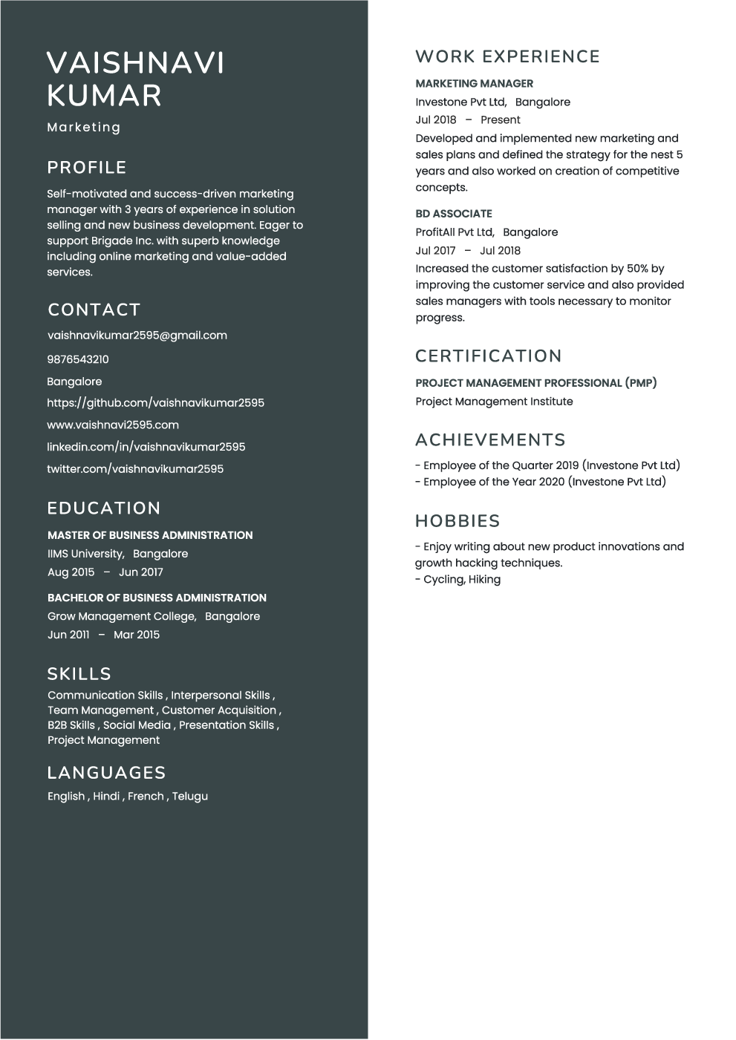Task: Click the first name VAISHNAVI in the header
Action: (x=135, y=63)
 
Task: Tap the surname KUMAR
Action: (x=104, y=96)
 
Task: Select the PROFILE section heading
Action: (x=87, y=168)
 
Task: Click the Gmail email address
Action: (x=137, y=336)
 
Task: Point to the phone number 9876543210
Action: (x=78, y=359)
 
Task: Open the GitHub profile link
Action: (x=155, y=403)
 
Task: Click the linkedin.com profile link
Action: (x=146, y=447)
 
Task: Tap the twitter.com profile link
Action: (x=135, y=469)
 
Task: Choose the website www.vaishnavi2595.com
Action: (x=113, y=425)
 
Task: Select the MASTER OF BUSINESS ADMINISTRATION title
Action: (x=150, y=535)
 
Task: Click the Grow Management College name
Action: (x=122, y=616)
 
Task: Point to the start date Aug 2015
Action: (x=71, y=572)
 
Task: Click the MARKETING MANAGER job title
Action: (x=474, y=84)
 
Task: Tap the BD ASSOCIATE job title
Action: (x=454, y=214)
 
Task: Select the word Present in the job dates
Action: (x=500, y=120)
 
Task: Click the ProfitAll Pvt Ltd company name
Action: (x=455, y=232)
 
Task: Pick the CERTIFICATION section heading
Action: (x=488, y=356)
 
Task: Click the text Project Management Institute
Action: (x=494, y=402)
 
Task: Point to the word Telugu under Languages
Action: (x=190, y=797)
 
